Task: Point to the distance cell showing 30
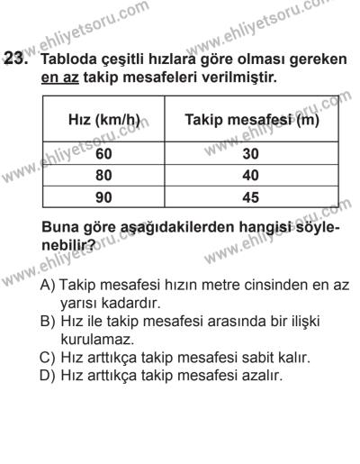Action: coord(251,153)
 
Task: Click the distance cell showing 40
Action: coord(251,176)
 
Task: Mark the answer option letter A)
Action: coord(49,283)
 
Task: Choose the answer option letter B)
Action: coord(49,322)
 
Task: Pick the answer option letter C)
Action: coord(49,358)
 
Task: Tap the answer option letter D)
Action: coord(49,377)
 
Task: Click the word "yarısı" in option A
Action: coord(82,302)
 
